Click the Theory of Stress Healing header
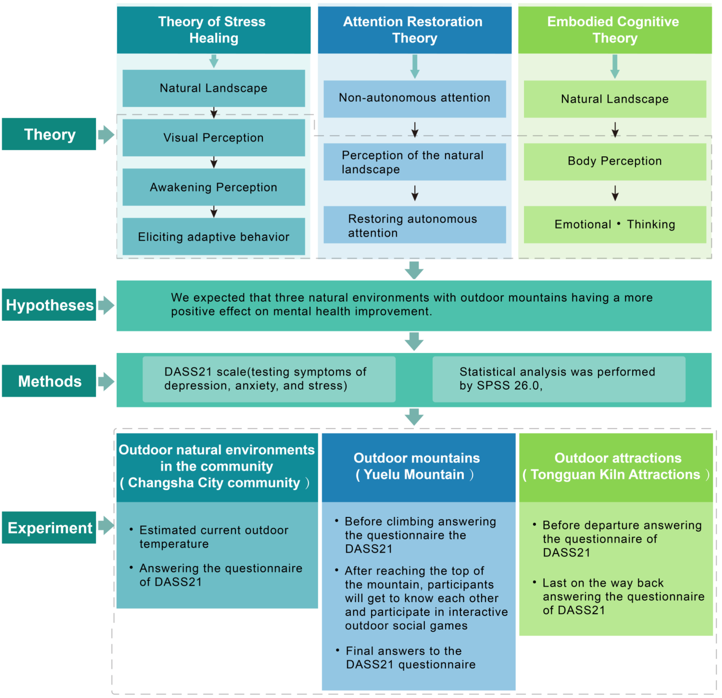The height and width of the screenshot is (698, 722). click(x=214, y=30)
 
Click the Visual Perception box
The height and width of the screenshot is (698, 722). click(x=214, y=138)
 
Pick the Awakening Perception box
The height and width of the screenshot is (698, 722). click(x=214, y=187)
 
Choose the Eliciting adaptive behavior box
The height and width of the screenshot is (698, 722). click(x=214, y=237)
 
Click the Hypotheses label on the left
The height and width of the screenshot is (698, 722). click(x=49, y=305)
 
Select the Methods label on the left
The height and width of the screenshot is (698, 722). click(x=49, y=381)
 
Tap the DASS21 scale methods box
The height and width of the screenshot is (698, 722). click(x=269, y=379)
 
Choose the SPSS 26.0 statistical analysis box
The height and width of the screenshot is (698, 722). click(x=559, y=379)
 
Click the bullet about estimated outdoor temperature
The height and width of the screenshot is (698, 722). click(x=214, y=537)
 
